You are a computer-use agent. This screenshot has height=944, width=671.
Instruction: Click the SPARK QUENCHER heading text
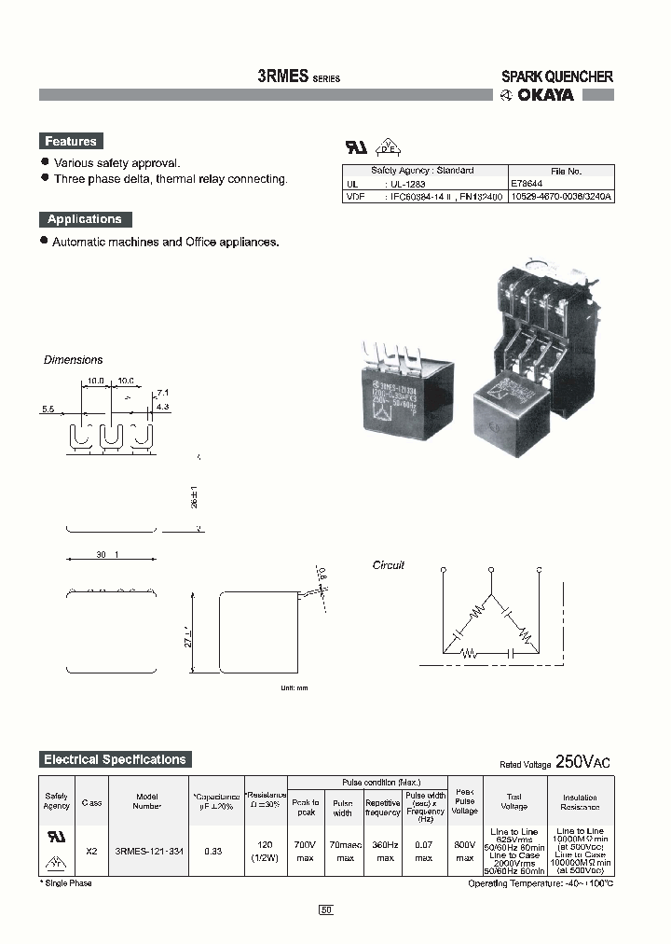click(556, 77)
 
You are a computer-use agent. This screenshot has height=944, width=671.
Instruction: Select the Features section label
click(71, 142)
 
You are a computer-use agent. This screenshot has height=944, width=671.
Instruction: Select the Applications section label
click(85, 219)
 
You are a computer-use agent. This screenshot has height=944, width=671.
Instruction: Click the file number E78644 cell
click(528, 185)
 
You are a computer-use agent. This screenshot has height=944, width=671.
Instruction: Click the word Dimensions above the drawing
click(74, 360)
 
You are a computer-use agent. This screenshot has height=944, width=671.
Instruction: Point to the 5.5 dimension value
click(48, 409)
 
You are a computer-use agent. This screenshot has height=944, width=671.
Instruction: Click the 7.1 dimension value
click(162, 393)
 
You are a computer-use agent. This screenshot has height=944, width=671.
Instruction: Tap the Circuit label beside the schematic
click(389, 565)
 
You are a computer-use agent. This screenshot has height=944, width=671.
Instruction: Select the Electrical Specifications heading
click(116, 759)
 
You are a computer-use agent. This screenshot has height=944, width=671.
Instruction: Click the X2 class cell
click(91, 851)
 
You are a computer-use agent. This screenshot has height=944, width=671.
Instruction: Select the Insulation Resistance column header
click(580, 802)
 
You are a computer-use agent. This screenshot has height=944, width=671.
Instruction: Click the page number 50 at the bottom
click(326, 909)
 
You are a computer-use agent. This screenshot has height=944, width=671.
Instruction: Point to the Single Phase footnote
click(67, 882)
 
